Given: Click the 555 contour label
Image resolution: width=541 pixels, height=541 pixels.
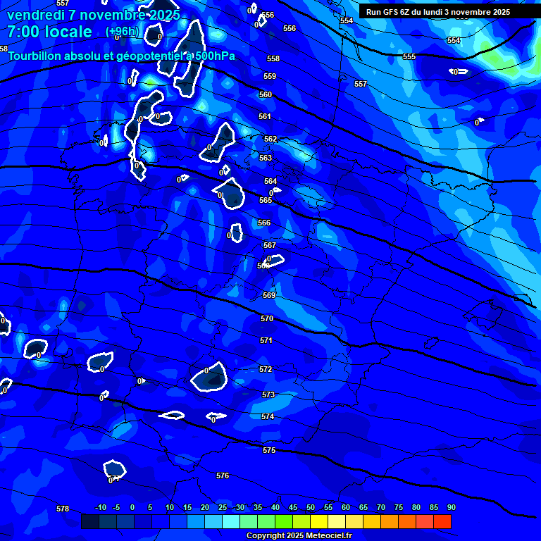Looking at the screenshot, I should click(x=409, y=56).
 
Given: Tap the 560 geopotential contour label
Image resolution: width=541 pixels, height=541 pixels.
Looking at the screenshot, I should click(x=266, y=94).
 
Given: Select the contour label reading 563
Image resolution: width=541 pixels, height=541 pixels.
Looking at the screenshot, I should click(x=266, y=158).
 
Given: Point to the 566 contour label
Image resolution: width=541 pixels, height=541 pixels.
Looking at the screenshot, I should click(x=264, y=223).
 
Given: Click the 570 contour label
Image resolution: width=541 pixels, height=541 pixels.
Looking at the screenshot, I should click(x=267, y=318).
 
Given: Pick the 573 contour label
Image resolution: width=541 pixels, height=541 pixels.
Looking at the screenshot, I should click(x=268, y=395).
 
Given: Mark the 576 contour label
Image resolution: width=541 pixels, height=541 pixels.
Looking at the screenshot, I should click(x=223, y=475).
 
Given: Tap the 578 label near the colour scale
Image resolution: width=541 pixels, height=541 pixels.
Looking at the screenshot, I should click(x=63, y=509).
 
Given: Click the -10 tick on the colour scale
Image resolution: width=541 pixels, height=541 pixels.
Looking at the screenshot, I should click(x=100, y=507).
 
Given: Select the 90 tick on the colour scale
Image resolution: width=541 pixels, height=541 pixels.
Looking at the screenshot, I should click(x=451, y=507).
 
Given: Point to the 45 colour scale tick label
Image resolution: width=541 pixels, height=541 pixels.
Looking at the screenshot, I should click(x=293, y=507).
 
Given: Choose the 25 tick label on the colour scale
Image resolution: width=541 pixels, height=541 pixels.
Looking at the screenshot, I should click(x=223, y=507).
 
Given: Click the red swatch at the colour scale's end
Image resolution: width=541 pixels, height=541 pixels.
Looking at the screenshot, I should click(x=442, y=521).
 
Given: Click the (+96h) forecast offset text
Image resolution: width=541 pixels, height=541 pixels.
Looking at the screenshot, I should click(x=122, y=32).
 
